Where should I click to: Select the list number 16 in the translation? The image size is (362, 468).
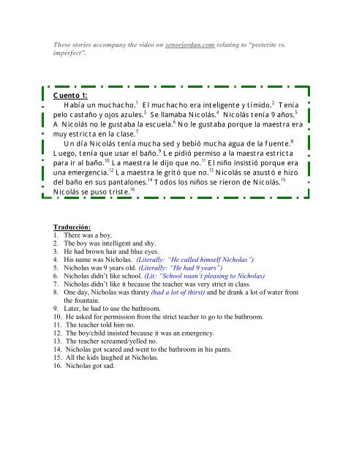coord(58,366)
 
